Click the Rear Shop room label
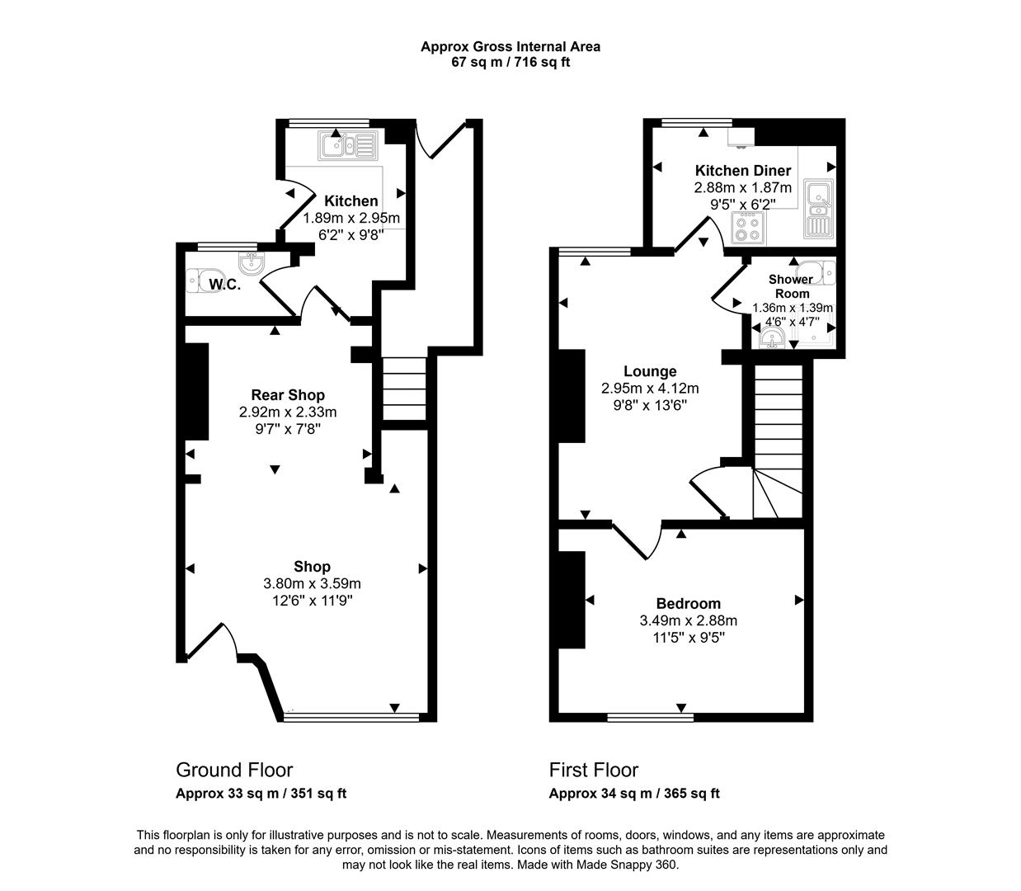pos(288,395)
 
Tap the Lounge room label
pos(650,371)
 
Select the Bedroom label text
pos(688,603)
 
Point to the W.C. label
pos(224,285)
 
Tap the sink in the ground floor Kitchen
pos(348,145)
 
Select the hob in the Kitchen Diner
pos(748,229)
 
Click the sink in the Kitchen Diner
pos(819,208)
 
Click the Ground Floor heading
pos(234,770)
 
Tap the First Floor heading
pos(593,770)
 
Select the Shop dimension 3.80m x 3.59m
pos(312,583)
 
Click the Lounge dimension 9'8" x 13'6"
pos(650,405)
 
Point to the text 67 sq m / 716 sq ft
pos(510,63)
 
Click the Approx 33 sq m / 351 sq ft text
pos(261,794)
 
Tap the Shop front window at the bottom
pos(351,717)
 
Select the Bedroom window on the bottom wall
pos(650,717)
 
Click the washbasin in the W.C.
pos(252,263)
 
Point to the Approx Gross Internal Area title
pos(510,47)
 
